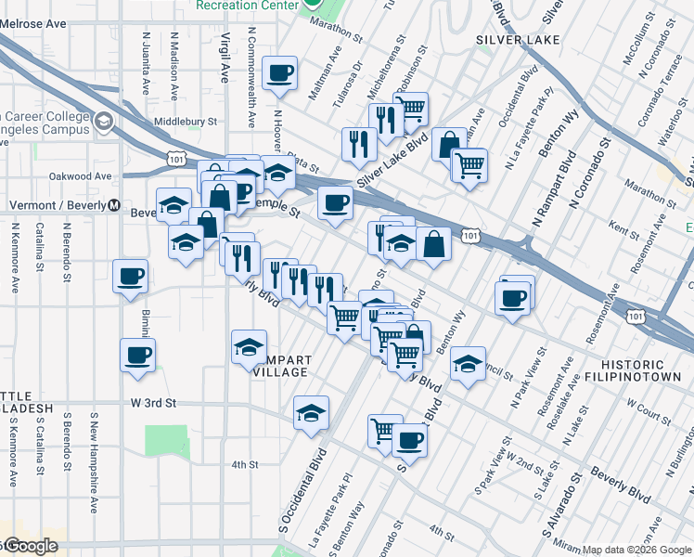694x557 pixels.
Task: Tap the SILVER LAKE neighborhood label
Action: [x=518, y=40]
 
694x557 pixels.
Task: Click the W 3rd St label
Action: [x=152, y=404]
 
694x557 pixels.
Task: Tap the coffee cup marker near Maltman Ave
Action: [x=279, y=74]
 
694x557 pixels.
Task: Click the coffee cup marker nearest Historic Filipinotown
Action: [x=512, y=299]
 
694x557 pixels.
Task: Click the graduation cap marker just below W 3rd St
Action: [x=311, y=414]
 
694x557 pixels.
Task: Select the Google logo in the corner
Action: [x=30, y=547]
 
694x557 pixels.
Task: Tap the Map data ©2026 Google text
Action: [x=636, y=550]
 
